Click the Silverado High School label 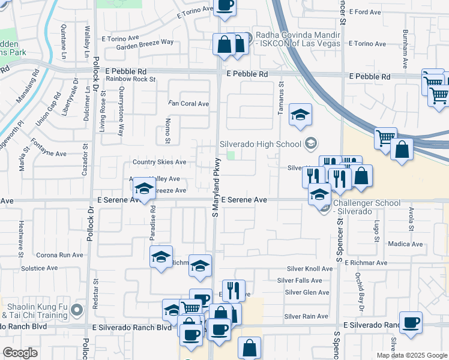pyautogui.click(x=260, y=144)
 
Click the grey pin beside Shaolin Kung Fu pyautogui.click(x=76, y=310)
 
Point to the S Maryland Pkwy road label pyautogui.click(x=214, y=187)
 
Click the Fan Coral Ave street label pyautogui.click(x=189, y=104)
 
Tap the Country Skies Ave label pyautogui.click(x=159, y=162)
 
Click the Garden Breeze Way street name pyautogui.click(x=145, y=42)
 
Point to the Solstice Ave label pyautogui.click(x=39, y=268)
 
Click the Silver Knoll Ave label pyautogui.click(x=309, y=269)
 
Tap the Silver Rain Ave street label pyautogui.click(x=306, y=316)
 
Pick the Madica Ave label pyautogui.click(x=405, y=244)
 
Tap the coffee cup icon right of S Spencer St pyautogui.click(x=411, y=323)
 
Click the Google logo pyautogui.click(x=20, y=353)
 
